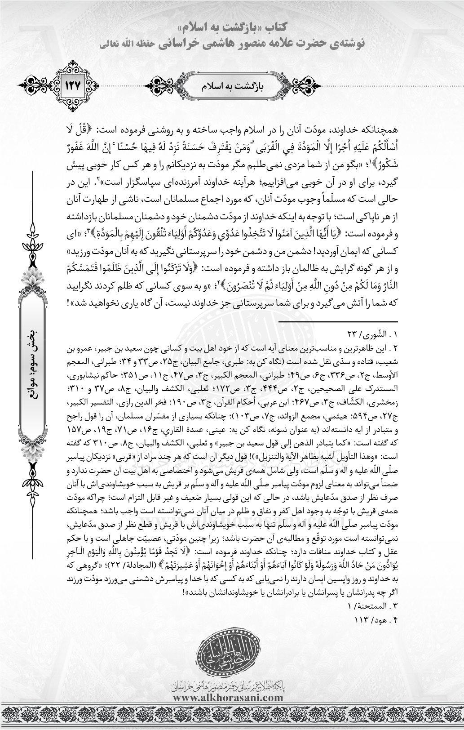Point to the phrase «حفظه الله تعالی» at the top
click(121, 44)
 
